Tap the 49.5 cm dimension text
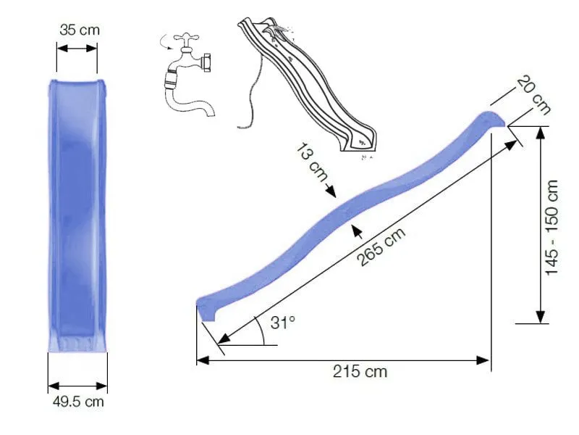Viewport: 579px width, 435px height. [x=76, y=401]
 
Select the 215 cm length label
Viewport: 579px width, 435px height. [x=360, y=372]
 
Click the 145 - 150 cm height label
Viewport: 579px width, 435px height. [x=553, y=227]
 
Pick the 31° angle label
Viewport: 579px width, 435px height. [x=283, y=323]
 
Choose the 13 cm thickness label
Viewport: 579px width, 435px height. [x=312, y=165]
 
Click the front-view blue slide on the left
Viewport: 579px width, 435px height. [x=77, y=214]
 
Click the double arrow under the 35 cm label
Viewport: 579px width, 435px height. [x=77, y=49]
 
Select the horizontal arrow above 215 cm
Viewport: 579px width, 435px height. [x=343, y=358]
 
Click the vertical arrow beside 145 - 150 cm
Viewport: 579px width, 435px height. [x=540, y=225]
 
